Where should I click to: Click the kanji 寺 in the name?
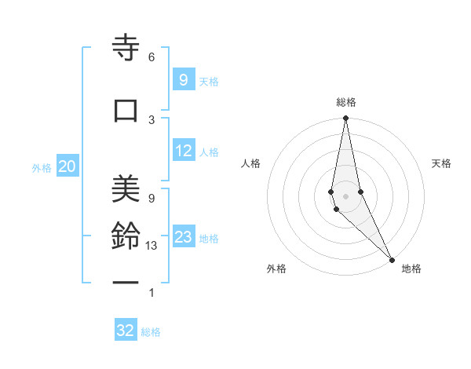coord(126,49)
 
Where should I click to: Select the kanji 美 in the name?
coord(126,188)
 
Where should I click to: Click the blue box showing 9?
coord(183,80)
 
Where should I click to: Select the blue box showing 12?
coord(183,152)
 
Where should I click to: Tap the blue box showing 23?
coord(183,237)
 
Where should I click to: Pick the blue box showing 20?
coord(68,166)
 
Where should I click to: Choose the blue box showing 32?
coord(126,331)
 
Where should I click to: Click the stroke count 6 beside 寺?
coord(152,57)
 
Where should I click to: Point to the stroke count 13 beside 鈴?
coord(152,247)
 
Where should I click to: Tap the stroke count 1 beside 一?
coord(152,293)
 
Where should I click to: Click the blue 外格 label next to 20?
coord(42,167)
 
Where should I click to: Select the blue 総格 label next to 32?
coord(151,332)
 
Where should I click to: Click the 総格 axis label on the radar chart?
coord(345,102)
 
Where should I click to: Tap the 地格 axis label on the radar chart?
coord(411,269)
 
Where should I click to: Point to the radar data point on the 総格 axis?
coord(345,119)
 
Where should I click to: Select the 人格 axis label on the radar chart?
coord(250,163)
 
